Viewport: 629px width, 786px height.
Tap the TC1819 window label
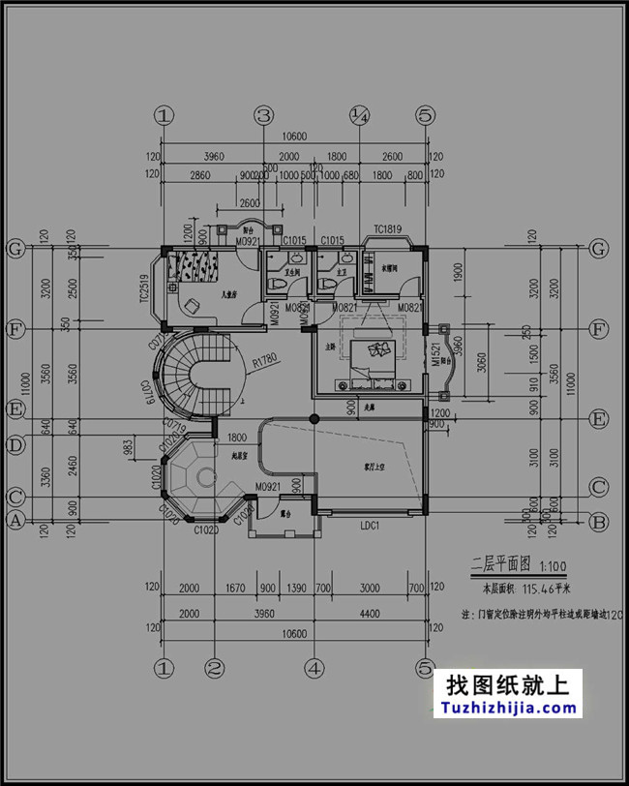(387, 229)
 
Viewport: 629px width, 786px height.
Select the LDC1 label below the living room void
(370, 526)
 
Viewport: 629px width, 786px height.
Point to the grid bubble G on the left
(15, 249)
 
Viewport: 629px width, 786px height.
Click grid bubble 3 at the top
(264, 115)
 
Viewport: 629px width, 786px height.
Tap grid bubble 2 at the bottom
(215, 667)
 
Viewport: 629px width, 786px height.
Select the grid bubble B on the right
(599, 522)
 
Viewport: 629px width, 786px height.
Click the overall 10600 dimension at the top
(292, 137)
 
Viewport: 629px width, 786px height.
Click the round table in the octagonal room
(205, 476)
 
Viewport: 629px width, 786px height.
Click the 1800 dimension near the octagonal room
(236, 438)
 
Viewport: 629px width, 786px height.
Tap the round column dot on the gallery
(313, 417)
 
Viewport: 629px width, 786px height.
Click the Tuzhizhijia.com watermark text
(508, 708)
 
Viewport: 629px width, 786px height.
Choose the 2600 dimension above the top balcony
(249, 203)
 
